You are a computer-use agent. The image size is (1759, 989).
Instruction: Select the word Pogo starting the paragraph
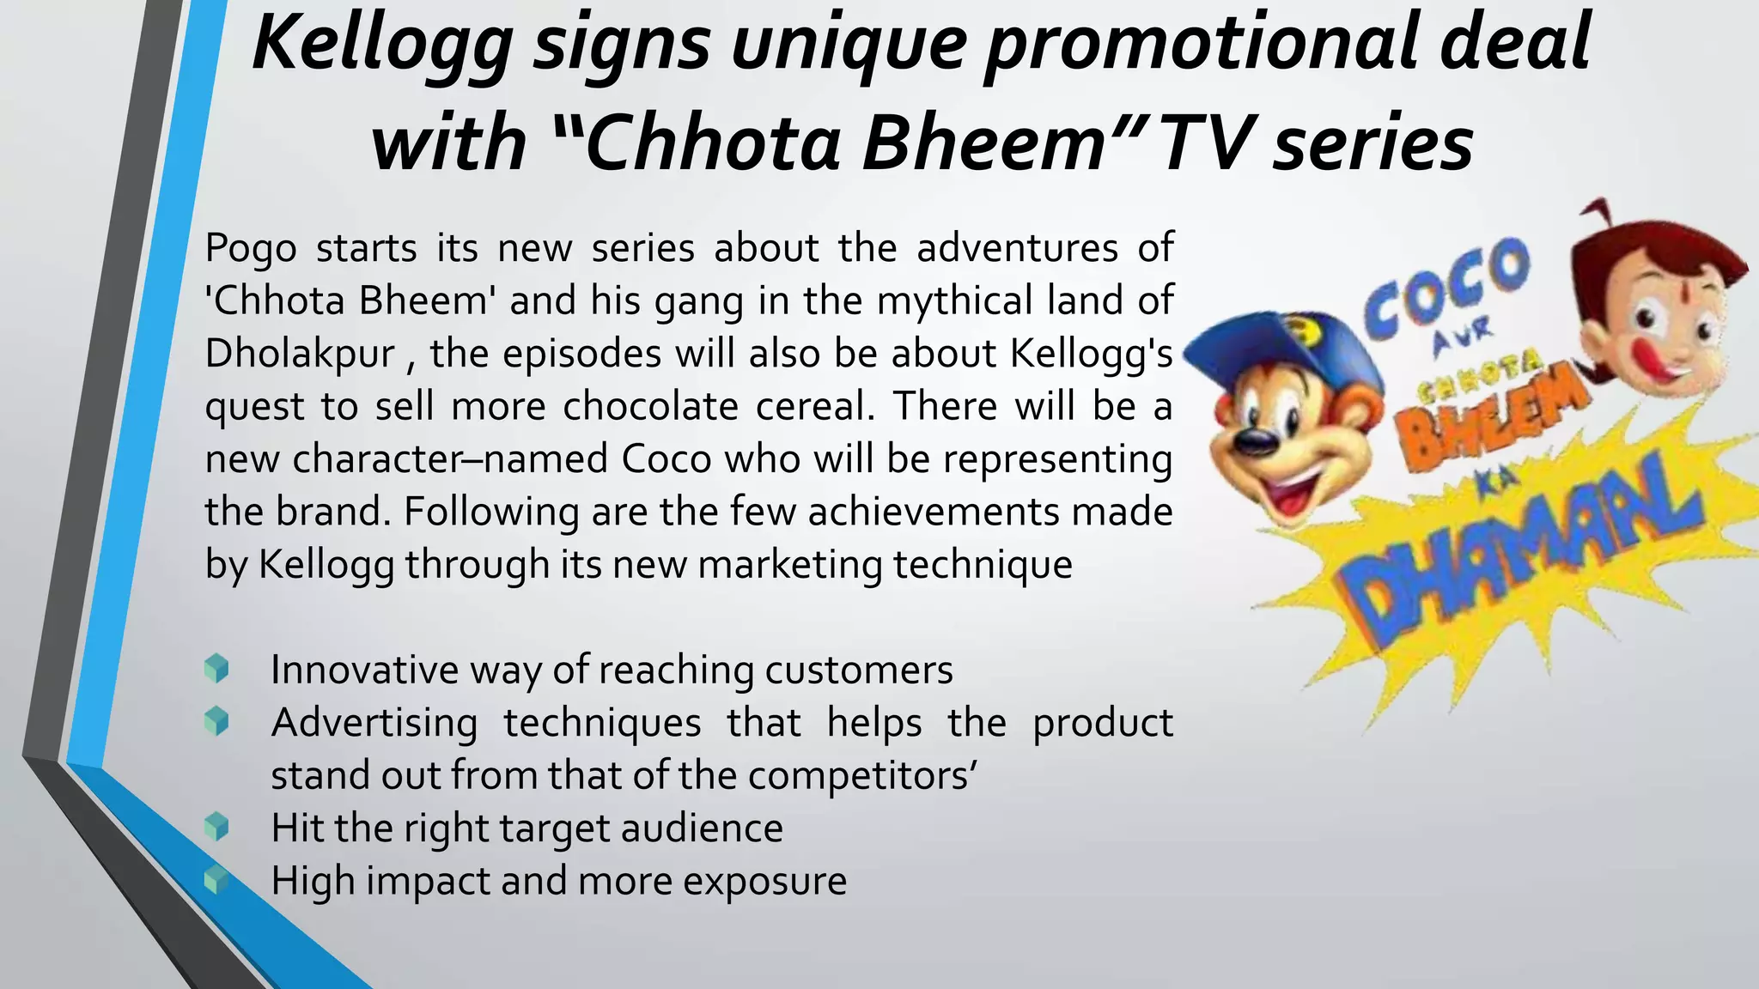tap(251, 249)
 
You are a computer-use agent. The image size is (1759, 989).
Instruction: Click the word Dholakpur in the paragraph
tap(300, 354)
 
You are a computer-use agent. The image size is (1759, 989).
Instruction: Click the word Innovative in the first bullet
tap(364, 670)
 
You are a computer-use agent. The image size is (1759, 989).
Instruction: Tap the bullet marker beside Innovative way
tap(216, 669)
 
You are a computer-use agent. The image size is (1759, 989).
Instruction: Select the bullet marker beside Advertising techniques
tap(216, 721)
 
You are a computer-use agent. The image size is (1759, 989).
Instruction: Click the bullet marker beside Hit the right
tap(216, 828)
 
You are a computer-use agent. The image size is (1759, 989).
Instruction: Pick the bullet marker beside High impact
tap(216, 880)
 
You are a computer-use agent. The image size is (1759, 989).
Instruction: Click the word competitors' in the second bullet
tap(862, 776)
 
